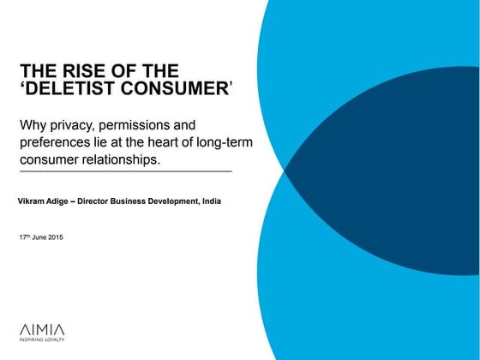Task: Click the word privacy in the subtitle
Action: [71, 126]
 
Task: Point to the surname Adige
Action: [57, 201]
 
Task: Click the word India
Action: [212, 201]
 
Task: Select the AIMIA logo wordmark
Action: [42, 330]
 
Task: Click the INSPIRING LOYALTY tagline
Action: [42, 339]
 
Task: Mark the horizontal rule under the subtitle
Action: [126, 171]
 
